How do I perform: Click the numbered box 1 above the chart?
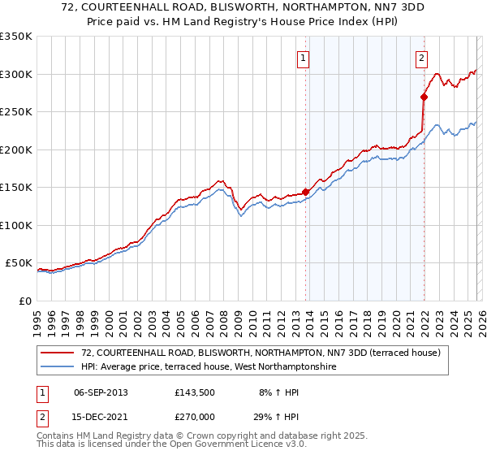pos(303,58)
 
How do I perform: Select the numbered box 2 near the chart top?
pos(422,58)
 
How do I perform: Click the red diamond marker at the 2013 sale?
pos(306,193)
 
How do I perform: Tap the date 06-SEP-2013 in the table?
pos(101,392)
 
